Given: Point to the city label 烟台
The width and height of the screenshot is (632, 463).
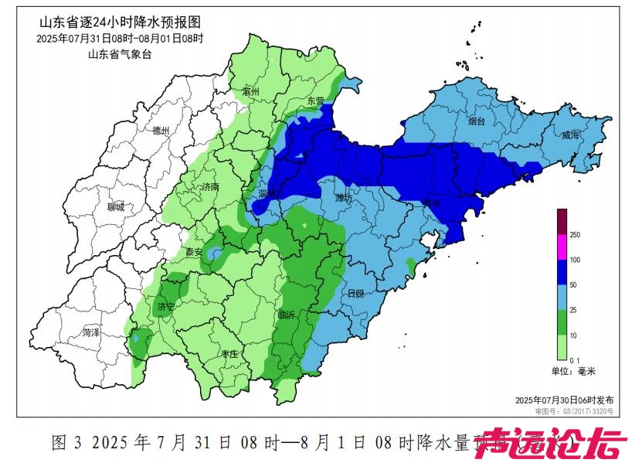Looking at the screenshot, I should point(477,121).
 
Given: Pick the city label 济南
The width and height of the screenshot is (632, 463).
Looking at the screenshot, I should point(210,187).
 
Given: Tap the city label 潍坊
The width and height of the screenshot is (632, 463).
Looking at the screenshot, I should point(342,198).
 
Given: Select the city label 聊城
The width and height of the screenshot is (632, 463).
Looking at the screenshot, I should point(116,207).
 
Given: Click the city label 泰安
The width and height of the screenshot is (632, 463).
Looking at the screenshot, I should point(194,252).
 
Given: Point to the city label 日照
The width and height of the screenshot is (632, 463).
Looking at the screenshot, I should point(356,294).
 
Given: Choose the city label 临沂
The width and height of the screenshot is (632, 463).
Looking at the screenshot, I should point(287,315).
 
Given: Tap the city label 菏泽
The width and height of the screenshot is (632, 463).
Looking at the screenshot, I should point(91,332).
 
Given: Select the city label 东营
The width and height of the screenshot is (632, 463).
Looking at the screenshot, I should point(316,101).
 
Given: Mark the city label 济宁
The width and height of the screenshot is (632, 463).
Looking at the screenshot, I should point(165,306).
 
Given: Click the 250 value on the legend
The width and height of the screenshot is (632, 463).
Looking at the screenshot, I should point(575,234).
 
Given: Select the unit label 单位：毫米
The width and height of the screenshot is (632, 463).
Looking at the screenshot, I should point(573,371).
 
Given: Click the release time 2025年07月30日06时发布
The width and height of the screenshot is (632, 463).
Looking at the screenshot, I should point(564,400).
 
